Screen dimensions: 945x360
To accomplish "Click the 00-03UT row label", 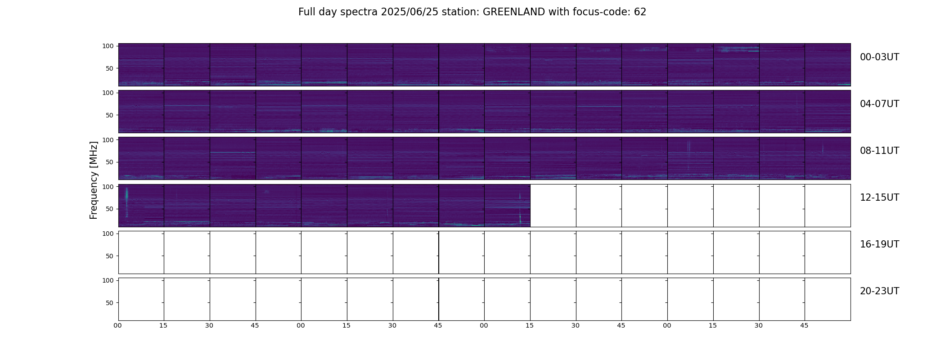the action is [879, 57].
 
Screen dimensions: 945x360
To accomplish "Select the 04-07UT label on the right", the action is [879, 104].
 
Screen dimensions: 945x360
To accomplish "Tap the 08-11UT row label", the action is [879, 151].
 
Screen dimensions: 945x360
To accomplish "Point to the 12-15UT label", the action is [879, 198].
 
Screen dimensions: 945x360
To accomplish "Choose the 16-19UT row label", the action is [879, 244].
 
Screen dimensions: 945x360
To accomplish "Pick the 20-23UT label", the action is [879, 291].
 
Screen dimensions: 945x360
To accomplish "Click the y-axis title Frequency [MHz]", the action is [94, 180].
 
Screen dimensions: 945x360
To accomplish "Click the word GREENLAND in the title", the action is [514, 12].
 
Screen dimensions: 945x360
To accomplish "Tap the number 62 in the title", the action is [640, 12].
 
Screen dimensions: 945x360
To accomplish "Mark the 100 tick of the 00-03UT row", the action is [108, 46].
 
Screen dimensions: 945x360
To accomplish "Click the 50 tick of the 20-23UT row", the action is [110, 303].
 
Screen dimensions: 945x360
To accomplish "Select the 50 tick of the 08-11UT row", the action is [110, 162].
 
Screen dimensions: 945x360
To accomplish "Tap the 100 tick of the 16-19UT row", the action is [108, 234].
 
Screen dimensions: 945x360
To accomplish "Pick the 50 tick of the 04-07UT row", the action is [110, 115].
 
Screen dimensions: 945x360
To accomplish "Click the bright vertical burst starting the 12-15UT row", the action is [126, 202].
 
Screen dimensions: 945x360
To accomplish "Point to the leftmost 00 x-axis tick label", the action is [118, 325].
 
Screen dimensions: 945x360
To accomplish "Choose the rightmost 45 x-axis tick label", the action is [804, 325].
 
